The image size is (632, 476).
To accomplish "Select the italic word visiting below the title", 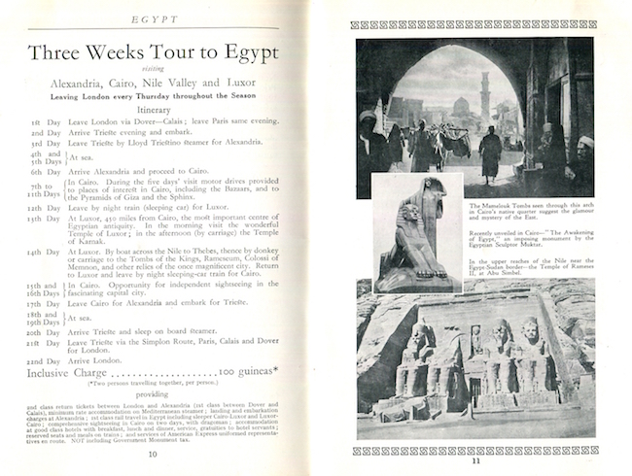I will [x=154, y=72].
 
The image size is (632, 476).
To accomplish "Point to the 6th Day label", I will [x=45, y=171].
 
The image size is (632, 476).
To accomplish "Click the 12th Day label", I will [x=46, y=207].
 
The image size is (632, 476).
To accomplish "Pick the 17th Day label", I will [x=46, y=304].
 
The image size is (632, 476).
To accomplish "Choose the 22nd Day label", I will [x=46, y=360].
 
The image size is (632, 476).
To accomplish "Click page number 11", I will [x=476, y=459].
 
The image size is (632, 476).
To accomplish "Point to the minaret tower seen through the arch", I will [x=484, y=91].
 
